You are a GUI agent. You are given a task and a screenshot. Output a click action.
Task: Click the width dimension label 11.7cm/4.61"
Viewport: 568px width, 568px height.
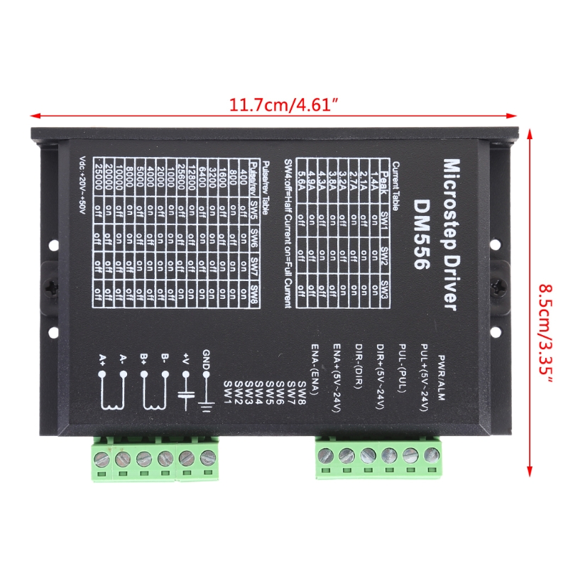283,104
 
